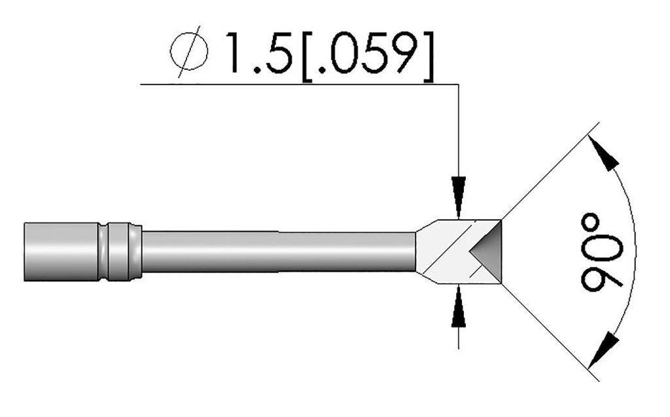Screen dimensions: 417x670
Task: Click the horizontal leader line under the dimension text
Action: [x=294, y=84]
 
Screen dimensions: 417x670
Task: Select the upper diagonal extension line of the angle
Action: [x=550, y=173]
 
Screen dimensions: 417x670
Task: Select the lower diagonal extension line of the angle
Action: [x=550, y=331]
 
